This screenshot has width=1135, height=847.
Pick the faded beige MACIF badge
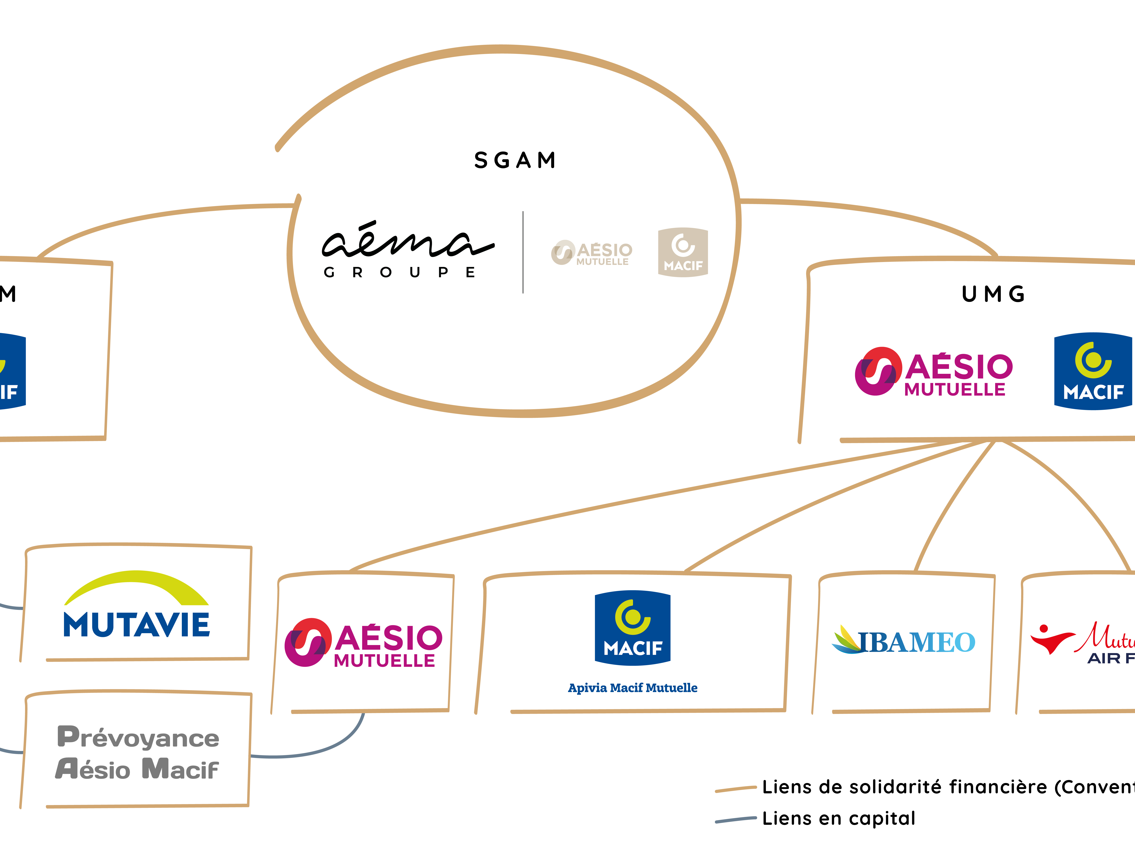coord(683,252)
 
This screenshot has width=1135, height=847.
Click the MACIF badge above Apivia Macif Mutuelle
coord(633,628)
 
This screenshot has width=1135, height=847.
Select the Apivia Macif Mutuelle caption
coord(633,688)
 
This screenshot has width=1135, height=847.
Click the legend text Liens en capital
coord(839,818)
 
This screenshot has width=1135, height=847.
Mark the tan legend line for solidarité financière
coord(736,789)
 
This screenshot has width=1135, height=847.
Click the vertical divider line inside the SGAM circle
coord(523,252)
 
